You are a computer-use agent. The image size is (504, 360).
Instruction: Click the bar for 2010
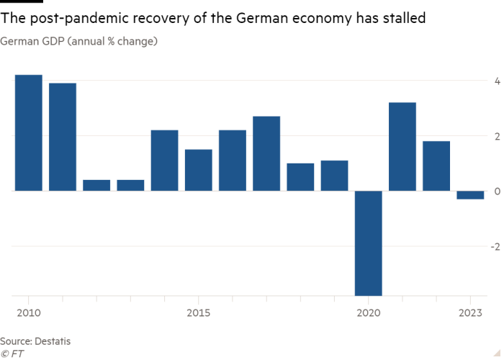(x=29, y=132)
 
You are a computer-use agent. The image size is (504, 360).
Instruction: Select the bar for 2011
(x=63, y=137)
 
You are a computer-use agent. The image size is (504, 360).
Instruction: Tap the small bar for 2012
(x=96, y=185)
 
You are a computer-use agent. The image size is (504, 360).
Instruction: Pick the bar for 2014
(x=164, y=160)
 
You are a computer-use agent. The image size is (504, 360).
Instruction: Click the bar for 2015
(x=198, y=170)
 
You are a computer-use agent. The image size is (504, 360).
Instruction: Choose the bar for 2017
(x=266, y=153)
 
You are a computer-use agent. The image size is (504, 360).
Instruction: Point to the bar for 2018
(x=300, y=176)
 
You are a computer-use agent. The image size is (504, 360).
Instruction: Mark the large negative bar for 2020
(x=368, y=243)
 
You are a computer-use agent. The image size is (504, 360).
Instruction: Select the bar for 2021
(x=402, y=146)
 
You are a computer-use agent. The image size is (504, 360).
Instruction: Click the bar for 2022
(x=436, y=166)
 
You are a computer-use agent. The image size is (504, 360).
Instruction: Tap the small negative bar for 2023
(x=470, y=195)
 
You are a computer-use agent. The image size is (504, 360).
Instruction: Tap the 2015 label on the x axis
(x=198, y=312)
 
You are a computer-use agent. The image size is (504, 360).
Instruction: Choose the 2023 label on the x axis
(x=470, y=312)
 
